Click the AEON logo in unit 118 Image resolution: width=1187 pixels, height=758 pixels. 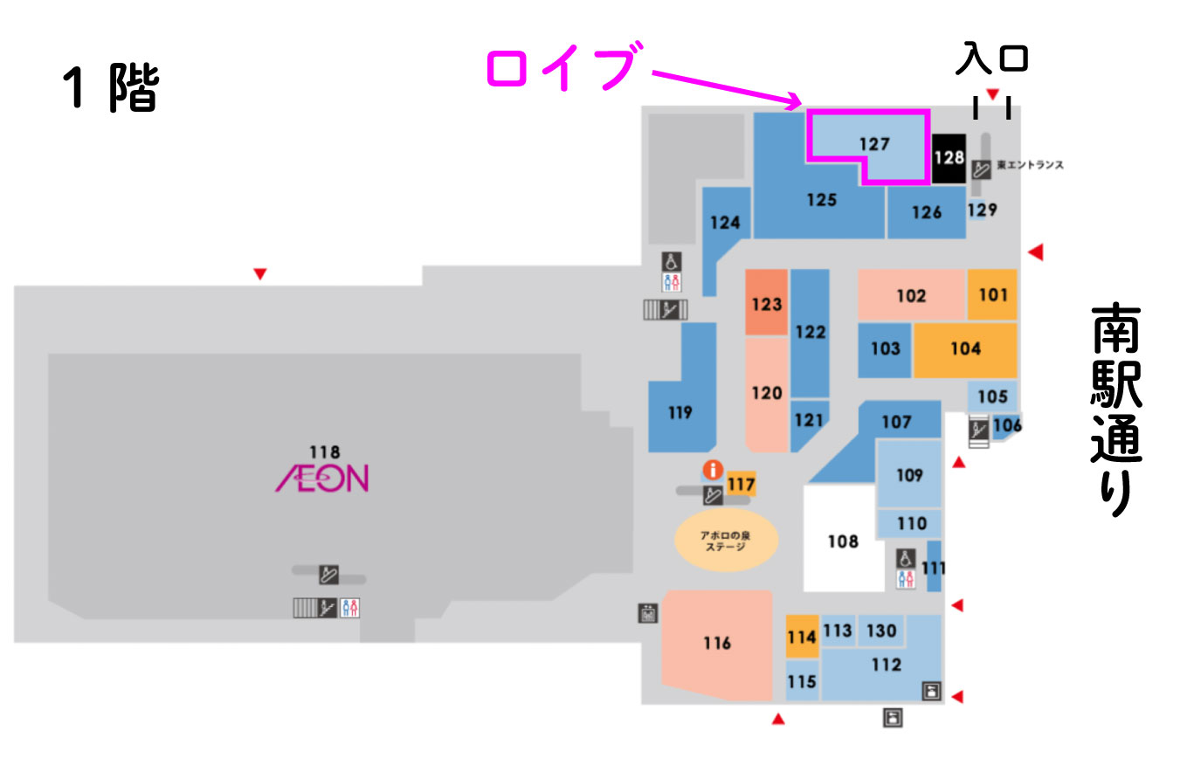pyautogui.click(x=322, y=478)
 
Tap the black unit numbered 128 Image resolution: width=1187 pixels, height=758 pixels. pyautogui.click(x=949, y=158)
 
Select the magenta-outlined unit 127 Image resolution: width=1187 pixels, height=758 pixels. pyautogui.click(x=873, y=143)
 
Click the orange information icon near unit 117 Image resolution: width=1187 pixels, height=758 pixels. pyautogui.click(x=713, y=471)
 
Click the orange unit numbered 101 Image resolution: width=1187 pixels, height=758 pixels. pyautogui.click(x=992, y=295)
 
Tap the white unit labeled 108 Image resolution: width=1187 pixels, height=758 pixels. pyautogui.click(x=842, y=541)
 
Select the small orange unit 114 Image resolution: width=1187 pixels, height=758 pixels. pyautogui.click(x=802, y=637)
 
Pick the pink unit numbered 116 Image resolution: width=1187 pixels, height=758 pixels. pyautogui.click(x=717, y=644)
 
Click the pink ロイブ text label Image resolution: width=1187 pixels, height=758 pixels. pyautogui.click(x=559, y=68)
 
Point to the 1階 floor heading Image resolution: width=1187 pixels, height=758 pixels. pyautogui.click(x=111, y=89)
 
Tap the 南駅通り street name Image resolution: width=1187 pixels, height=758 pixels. pyautogui.click(x=1115, y=410)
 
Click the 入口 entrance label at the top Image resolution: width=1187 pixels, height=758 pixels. pyautogui.click(x=991, y=59)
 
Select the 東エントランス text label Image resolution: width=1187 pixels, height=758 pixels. pyautogui.click(x=1031, y=165)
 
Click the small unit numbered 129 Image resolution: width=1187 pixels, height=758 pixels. pyautogui.click(x=981, y=210)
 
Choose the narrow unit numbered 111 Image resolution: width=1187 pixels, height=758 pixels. pyautogui.click(x=934, y=568)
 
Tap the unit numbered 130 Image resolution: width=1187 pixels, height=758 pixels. pyautogui.click(x=881, y=631)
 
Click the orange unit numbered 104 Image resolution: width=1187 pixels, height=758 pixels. pyautogui.click(x=965, y=349)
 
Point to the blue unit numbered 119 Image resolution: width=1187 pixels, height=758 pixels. pyautogui.click(x=680, y=412)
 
